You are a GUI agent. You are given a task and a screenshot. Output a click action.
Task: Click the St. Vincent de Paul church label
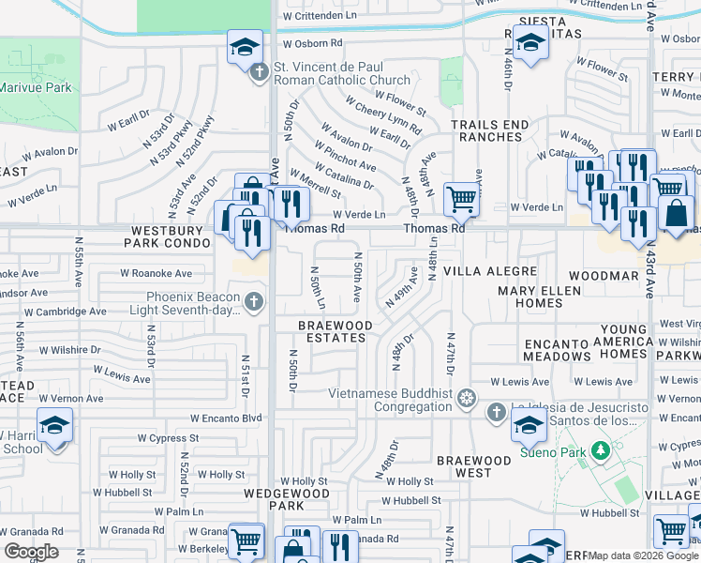(x=341, y=74)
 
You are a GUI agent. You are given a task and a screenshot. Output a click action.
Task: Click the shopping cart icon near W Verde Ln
(x=460, y=198)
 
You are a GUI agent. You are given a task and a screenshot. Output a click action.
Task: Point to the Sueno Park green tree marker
(x=600, y=451)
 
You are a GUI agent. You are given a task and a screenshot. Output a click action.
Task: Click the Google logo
(x=30, y=551)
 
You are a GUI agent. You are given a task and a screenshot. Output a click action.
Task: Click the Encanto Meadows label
(x=557, y=350)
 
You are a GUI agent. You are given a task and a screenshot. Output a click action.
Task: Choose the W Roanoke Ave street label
(x=156, y=274)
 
